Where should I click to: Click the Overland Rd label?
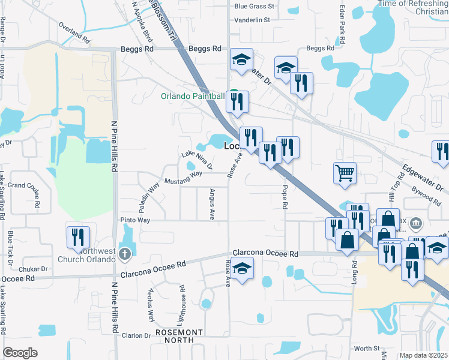74,34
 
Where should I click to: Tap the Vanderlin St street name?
253,20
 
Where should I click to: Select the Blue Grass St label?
254,7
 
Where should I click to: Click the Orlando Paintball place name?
192,96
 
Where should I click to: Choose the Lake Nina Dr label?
197,161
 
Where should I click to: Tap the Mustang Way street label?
183,178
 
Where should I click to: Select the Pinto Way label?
134,220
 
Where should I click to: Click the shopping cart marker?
345,173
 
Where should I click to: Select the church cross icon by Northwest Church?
125,253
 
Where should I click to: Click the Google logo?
20,353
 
